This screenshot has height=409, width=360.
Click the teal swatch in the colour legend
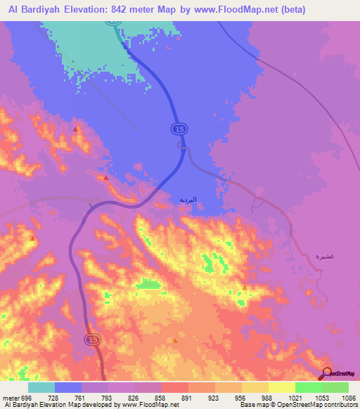(x=41, y=387)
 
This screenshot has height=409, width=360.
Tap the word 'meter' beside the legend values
(x=11, y=397)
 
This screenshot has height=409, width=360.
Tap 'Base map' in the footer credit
(x=252, y=405)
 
